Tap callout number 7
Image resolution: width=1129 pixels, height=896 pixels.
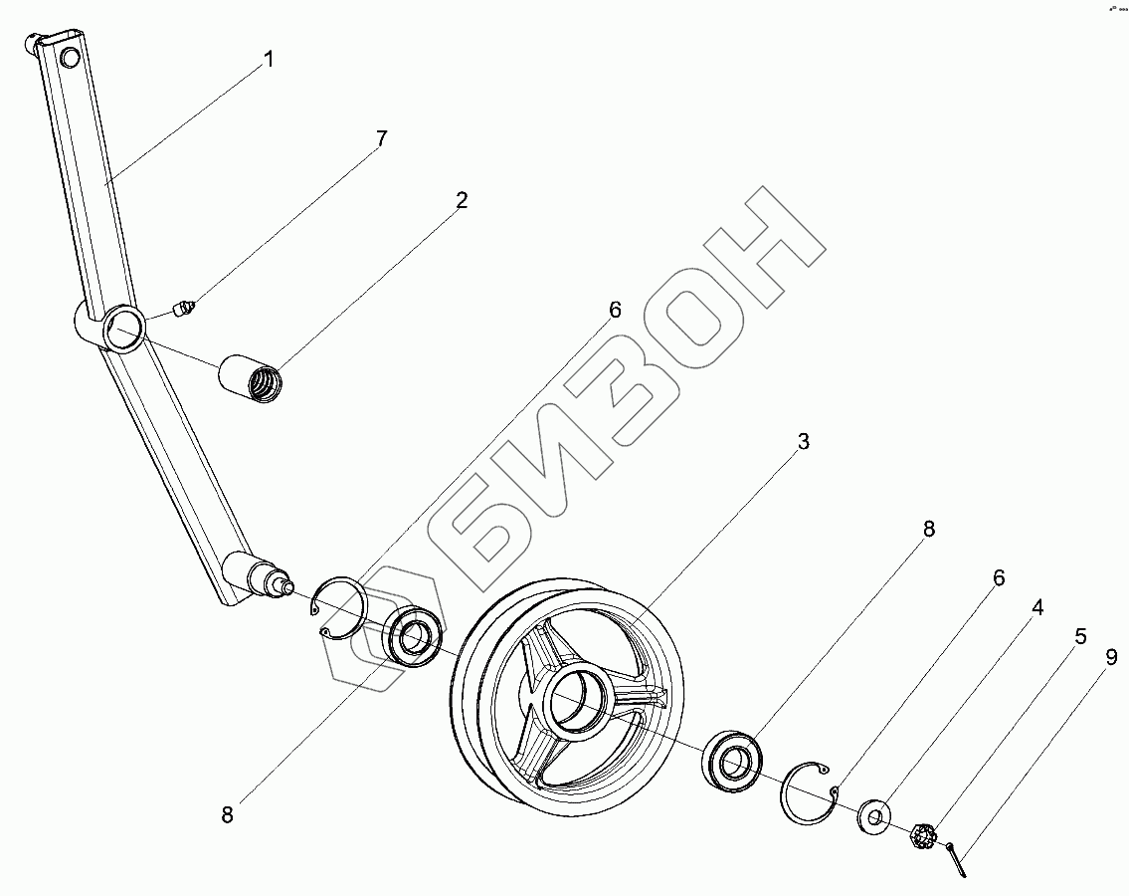click(x=381, y=138)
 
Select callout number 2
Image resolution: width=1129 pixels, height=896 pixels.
click(x=461, y=200)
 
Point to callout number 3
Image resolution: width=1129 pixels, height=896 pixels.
click(x=803, y=441)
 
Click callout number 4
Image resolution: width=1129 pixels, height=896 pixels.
click(x=1036, y=607)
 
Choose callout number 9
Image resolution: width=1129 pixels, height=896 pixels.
click(x=1111, y=657)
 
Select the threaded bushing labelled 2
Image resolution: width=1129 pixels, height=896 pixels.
click(x=251, y=377)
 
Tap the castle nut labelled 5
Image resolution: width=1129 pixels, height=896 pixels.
click(x=921, y=836)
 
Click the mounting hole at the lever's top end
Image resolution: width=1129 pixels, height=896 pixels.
click(x=69, y=58)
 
